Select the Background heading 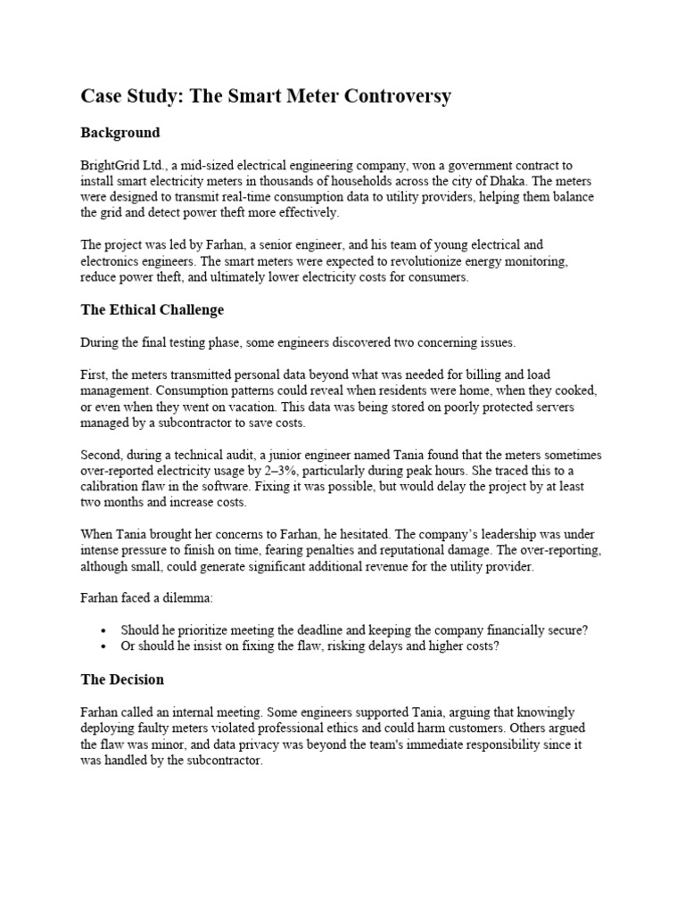point(120,133)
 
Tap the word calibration point(111,486)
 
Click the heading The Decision point(122,679)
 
